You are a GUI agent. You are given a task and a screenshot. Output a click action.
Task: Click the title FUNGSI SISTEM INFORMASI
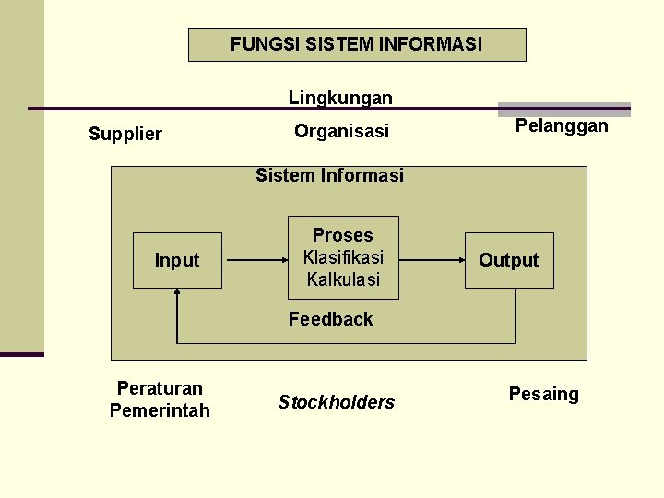356,44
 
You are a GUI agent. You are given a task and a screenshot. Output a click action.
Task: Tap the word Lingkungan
340,98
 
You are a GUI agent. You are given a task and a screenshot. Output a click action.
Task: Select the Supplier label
125,134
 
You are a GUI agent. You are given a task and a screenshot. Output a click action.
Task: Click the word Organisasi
341,131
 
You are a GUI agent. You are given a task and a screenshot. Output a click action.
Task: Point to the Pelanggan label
562,125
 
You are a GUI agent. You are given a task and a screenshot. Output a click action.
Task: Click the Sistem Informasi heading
329,175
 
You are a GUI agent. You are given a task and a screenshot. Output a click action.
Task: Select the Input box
177,260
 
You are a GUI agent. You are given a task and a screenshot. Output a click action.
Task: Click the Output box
509,260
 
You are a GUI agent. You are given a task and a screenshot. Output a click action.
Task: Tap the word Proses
343,235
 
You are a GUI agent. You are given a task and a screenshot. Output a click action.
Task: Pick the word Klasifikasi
343,257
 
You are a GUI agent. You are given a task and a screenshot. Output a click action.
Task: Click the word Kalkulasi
343,279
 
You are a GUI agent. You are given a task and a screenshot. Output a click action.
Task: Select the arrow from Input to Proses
256,261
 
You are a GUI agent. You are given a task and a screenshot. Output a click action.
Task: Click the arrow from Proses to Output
433,261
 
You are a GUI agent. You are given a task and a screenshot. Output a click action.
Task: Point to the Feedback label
330,319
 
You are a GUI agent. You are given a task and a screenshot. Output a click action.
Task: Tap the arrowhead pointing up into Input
177,293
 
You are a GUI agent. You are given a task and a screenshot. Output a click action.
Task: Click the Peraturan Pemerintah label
160,399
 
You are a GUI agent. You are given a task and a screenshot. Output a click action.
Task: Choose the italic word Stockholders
336,402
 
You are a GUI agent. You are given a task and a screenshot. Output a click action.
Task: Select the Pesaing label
544,395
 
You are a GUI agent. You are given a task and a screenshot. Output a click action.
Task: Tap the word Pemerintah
160,410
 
